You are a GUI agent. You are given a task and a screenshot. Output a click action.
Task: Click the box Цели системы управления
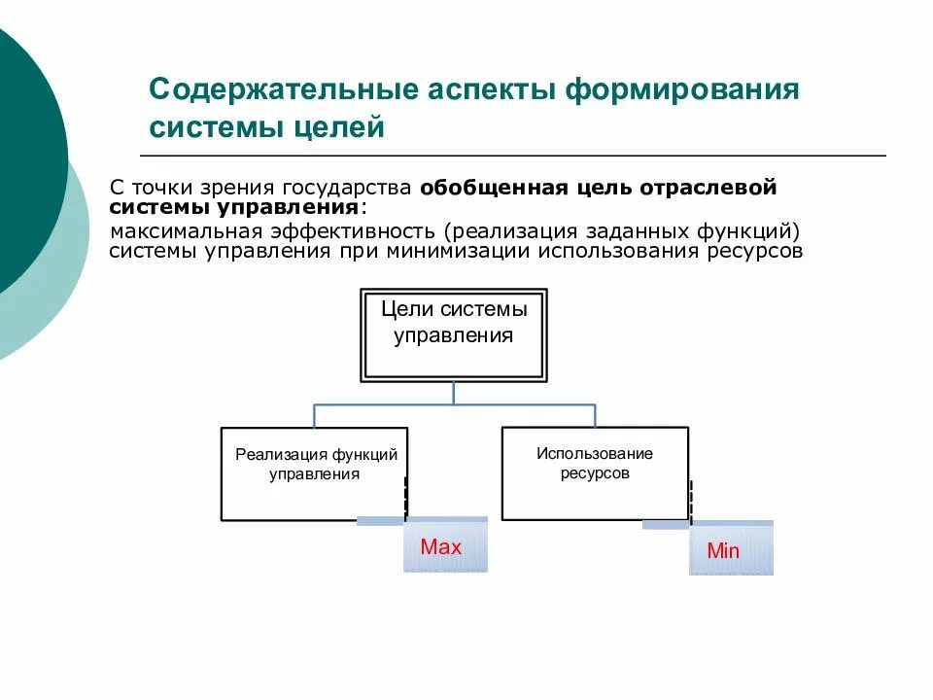point(454,334)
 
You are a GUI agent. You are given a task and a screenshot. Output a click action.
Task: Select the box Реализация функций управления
point(314,473)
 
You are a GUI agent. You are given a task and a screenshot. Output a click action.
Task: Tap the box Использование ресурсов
point(595,472)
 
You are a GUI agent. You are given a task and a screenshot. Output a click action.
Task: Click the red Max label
point(441,546)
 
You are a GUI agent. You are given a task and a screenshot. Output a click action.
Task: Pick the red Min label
point(723,551)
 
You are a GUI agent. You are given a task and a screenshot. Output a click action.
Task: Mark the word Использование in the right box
point(595,454)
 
